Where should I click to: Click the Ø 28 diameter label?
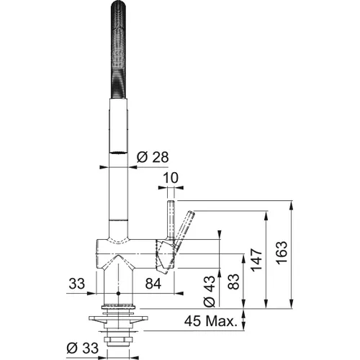(x=153, y=157)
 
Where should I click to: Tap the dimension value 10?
(x=171, y=178)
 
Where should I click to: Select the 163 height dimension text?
(x=282, y=253)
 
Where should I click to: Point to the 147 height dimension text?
(x=256, y=260)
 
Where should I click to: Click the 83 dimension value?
(x=233, y=282)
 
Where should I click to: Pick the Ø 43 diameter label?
(x=210, y=291)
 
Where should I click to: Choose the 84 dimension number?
(x=153, y=284)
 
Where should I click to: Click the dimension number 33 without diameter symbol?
(x=77, y=284)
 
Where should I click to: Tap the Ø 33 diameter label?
(x=83, y=348)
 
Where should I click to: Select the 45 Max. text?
(x=211, y=321)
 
